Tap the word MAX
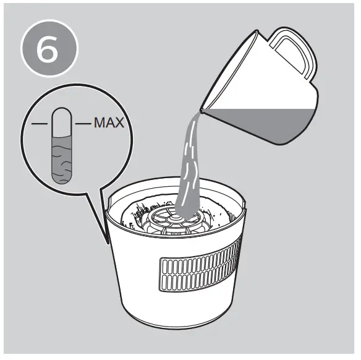point(109,123)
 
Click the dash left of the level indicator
point(41,124)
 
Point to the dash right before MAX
point(83,124)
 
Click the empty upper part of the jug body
point(260,87)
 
